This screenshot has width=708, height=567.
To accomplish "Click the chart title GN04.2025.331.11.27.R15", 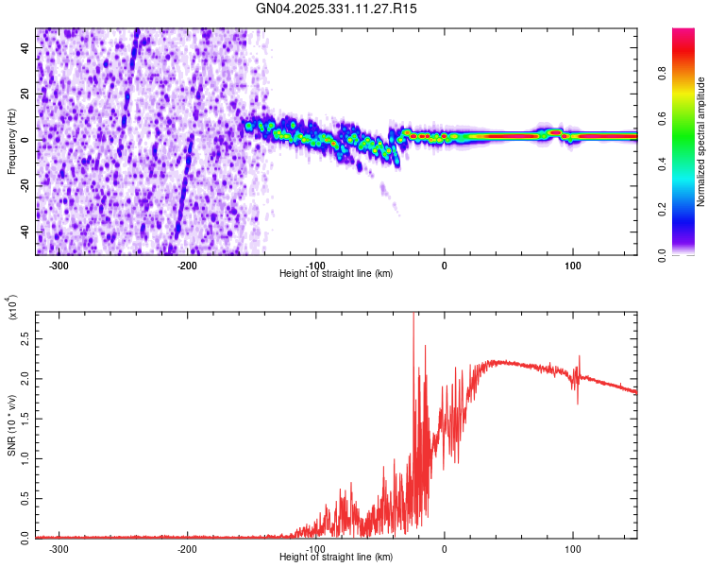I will pos(336,9).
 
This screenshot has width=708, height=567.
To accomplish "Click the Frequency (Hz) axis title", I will pos(11,142).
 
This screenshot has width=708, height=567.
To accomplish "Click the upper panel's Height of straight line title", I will pos(336,273).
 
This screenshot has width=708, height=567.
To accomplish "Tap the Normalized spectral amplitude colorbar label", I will pos(700,142).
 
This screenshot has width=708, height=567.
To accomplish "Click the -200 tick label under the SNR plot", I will pos(186,547).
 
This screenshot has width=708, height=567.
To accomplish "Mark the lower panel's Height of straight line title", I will pos(336,557).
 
